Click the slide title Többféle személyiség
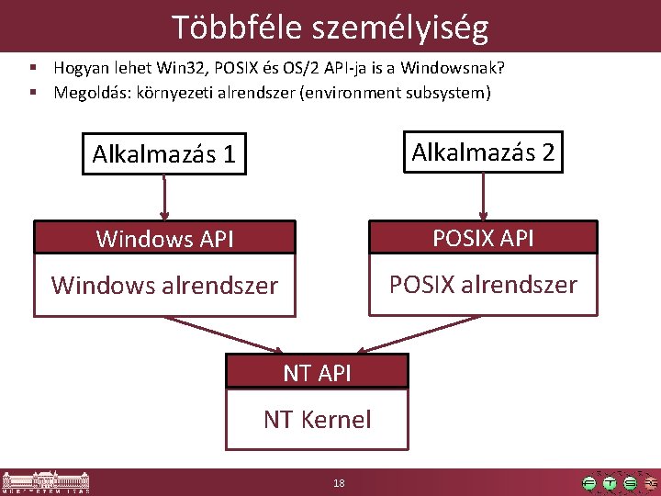330,28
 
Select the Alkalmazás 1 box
164,154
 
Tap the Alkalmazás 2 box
483,152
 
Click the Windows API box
164,239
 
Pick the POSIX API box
483,237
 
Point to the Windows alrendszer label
164,286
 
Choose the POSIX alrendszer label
483,284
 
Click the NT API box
317,372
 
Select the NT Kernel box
317,420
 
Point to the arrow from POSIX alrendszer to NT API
418,333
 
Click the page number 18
340,483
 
